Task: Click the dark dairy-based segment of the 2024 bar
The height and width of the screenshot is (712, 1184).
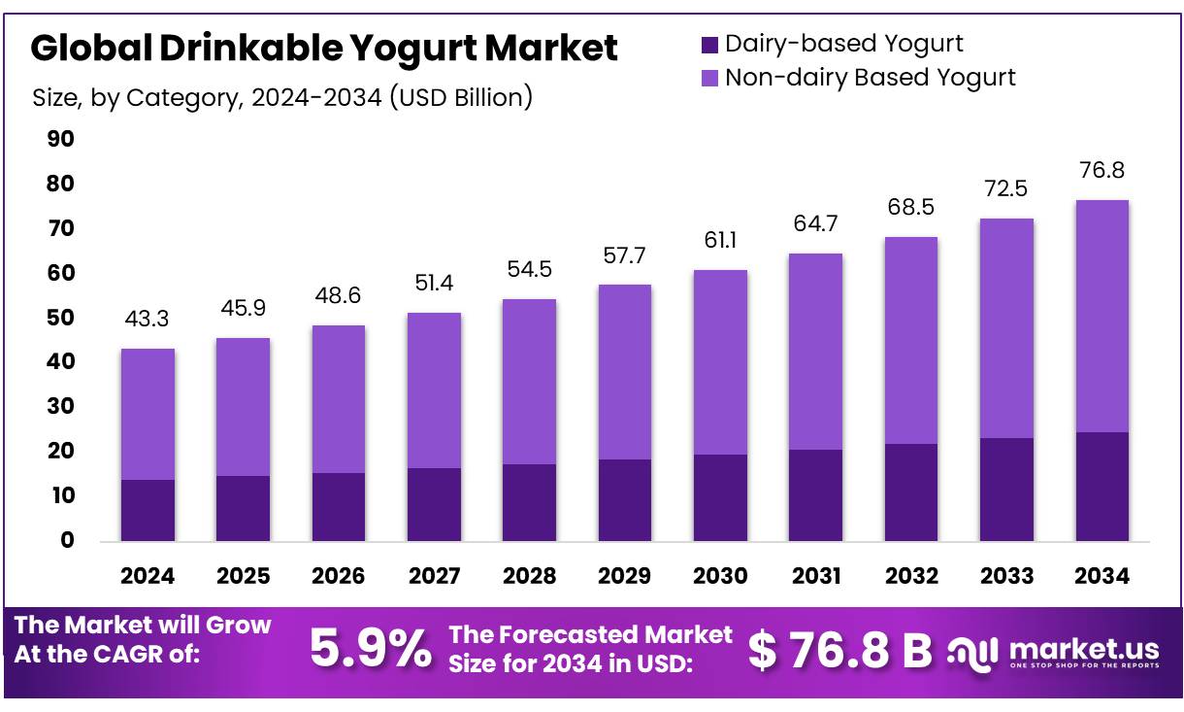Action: click(148, 510)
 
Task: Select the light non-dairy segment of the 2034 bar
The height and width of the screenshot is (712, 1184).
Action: click(1102, 316)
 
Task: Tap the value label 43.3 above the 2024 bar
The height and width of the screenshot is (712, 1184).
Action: click(148, 319)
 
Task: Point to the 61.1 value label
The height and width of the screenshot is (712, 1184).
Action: click(720, 240)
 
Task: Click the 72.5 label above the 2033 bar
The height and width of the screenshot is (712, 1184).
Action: click(1006, 188)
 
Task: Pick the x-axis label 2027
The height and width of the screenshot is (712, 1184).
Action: click(434, 576)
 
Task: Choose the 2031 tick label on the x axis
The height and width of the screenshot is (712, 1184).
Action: click(815, 576)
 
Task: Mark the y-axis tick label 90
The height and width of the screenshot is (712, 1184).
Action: click(60, 140)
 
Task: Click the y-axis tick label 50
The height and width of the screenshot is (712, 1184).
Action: click(60, 318)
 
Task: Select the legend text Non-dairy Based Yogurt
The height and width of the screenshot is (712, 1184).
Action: click(870, 78)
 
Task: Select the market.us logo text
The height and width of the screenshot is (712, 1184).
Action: click(1083, 647)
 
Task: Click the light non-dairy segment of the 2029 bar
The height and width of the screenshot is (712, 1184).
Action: click(624, 372)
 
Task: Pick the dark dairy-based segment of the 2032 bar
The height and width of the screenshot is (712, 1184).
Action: click(910, 492)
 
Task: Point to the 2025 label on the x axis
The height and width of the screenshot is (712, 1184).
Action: click(243, 576)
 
